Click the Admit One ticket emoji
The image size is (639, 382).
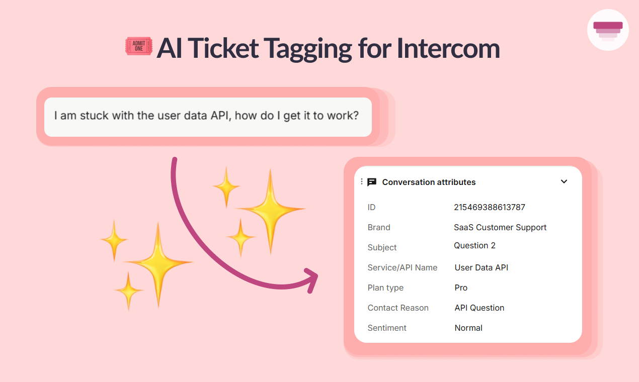coord(139,46)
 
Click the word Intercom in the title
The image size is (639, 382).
coord(448,48)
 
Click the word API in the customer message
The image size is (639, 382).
coord(220,116)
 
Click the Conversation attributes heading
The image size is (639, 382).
coord(429,182)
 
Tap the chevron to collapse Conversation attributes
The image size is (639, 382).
coord(564,181)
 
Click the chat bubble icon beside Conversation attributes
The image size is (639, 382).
coord(372,182)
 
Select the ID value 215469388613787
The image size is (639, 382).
coord(489,207)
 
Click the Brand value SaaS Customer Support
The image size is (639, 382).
coord(500,227)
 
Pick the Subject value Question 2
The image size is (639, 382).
coord(474,245)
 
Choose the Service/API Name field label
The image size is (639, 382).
coord(402,267)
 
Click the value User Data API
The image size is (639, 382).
coord(481,267)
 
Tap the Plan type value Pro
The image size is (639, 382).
coord(461,288)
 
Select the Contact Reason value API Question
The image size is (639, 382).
coord(479,308)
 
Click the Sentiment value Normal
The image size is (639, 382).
coord(468,328)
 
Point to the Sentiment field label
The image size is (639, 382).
coord(387,328)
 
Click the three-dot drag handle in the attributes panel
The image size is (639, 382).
coord(362,181)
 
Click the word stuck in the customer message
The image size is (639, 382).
coord(94,116)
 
